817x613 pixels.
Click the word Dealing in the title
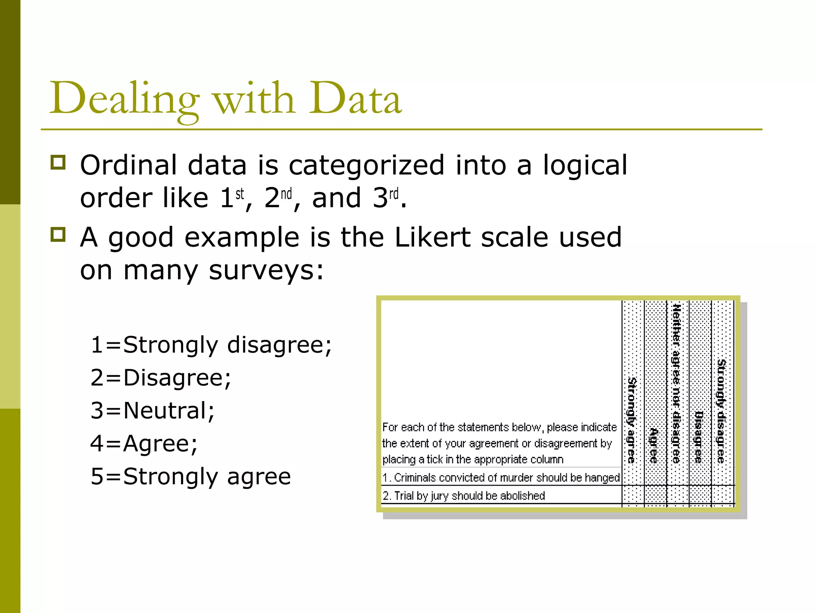[x=124, y=99]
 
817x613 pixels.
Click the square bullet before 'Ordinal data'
[x=58, y=163]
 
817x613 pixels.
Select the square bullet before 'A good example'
[x=58, y=235]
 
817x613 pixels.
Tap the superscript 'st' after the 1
[x=239, y=194]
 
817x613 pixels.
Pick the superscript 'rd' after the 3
[x=394, y=194]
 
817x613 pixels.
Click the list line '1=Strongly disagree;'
[x=211, y=345]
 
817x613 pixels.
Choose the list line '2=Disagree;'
[x=161, y=378]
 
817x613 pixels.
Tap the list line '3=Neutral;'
[x=153, y=410]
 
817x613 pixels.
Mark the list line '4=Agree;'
[x=144, y=443]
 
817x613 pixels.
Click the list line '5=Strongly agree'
[x=191, y=476]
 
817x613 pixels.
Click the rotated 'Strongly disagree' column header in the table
[x=721, y=411]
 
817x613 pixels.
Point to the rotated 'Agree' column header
[x=653, y=445]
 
